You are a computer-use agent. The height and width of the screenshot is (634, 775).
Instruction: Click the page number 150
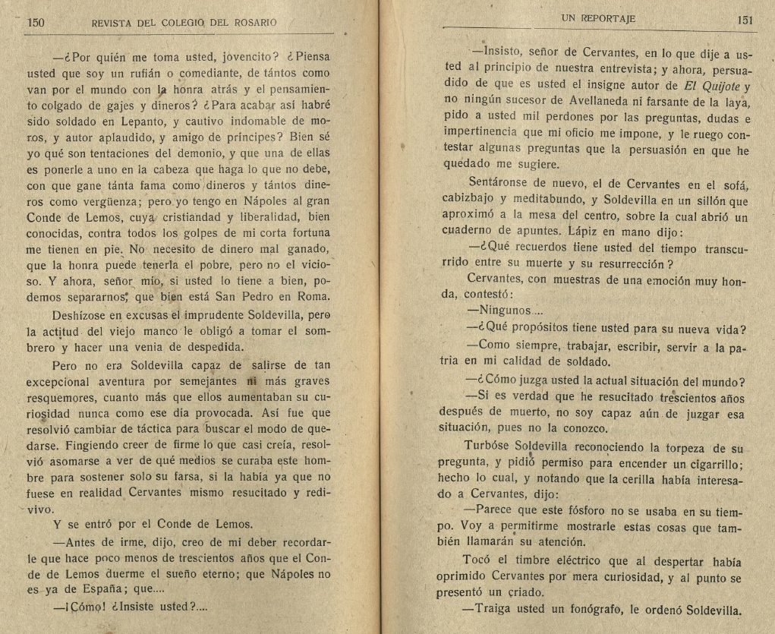pyautogui.click(x=36, y=23)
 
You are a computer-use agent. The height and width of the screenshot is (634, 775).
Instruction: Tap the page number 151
pyautogui.click(x=745, y=21)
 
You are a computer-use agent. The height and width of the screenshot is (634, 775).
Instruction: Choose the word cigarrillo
pyautogui.click(x=718, y=465)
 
